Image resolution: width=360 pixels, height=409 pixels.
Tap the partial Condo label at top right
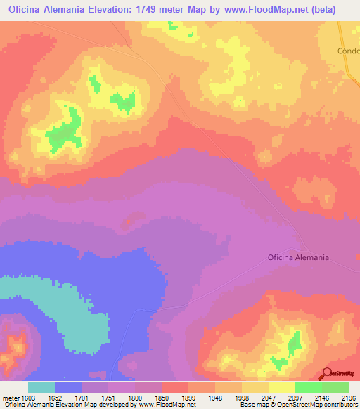click(348, 51)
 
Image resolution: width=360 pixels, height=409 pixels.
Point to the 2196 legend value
click(349, 398)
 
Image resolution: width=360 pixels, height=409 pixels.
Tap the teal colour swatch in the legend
click(41, 387)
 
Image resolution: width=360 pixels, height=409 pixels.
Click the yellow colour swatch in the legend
click(282, 387)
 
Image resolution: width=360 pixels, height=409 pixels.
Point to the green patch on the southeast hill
click(293, 344)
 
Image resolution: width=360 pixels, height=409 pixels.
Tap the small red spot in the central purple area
click(128, 223)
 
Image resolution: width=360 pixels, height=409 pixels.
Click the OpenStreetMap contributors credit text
click(323, 405)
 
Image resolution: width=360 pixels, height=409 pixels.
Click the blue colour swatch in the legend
click(68, 387)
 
